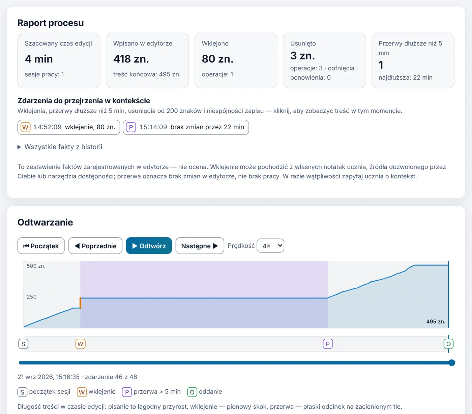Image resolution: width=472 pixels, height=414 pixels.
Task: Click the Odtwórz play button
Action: tap(149, 245)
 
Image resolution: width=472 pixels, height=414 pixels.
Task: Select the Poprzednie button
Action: tap(95, 245)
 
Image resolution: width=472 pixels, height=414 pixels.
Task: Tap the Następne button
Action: tap(200, 245)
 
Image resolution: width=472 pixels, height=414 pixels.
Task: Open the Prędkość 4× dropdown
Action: tap(270, 245)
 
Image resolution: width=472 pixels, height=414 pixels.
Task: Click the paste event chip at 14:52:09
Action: tap(69, 127)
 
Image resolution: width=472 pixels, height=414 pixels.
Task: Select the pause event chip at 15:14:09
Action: tap(186, 127)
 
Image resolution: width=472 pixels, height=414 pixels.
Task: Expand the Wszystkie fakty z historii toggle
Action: tap(60, 147)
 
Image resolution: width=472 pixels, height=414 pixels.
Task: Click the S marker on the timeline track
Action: tap(23, 344)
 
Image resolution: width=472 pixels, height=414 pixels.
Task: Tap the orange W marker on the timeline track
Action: tap(81, 344)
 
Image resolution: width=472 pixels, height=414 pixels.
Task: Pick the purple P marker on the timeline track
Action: tap(328, 344)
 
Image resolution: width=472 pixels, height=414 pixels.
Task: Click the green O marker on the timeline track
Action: tap(448, 344)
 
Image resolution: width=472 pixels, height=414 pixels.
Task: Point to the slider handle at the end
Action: tap(452, 363)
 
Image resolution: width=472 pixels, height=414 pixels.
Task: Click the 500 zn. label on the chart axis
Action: tap(36, 266)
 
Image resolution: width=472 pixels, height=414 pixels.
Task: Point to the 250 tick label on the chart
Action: tap(32, 296)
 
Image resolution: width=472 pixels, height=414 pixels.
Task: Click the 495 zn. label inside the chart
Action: tap(436, 321)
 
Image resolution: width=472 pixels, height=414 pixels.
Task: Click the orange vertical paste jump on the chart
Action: tap(80, 303)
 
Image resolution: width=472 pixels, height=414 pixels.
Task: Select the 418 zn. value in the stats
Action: tap(131, 59)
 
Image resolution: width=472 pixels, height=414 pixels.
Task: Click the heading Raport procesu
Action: tap(51, 23)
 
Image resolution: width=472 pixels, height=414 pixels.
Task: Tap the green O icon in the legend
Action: tap(192, 392)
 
